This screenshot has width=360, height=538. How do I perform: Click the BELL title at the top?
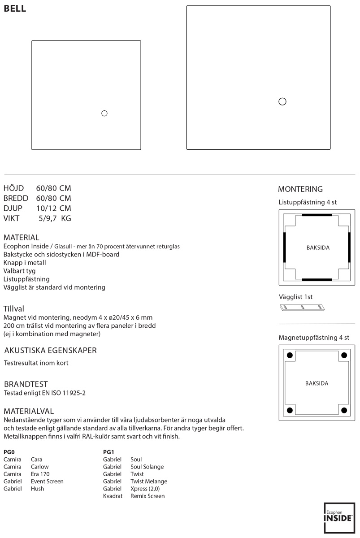[x=15, y=9]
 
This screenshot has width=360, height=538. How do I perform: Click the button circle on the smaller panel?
[x=104, y=113]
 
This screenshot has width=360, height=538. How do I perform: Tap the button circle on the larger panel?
[x=282, y=102]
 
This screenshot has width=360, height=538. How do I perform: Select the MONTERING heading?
[x=300, y=189]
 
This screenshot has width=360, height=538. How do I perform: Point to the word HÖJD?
[x=13, y=188]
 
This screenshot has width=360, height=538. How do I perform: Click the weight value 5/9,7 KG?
[x=55, y=218]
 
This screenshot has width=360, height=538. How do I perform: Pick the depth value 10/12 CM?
[x=54, y=208]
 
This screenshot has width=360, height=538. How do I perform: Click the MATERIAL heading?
[x=21, y=237]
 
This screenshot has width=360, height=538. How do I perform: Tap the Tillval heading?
[x=14, y=309]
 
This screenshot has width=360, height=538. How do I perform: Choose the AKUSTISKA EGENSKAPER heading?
[x=50, y=350]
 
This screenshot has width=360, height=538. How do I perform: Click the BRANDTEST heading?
[x=26, y=384]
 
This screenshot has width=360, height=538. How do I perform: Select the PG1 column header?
[x=109, y=452]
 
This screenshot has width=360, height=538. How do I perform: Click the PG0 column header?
[x=9, y=452]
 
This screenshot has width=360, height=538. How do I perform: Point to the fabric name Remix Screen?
[x=147, y=496]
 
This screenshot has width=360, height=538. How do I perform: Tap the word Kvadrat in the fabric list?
[x=113, y=496]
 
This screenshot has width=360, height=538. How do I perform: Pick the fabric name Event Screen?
[x=47, y=481]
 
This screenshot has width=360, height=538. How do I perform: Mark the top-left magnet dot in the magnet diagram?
[x=290, y=356]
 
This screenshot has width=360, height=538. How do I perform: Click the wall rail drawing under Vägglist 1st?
[x=302, y=308]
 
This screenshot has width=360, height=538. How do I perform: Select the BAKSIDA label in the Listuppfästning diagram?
[x=318, y=248]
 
